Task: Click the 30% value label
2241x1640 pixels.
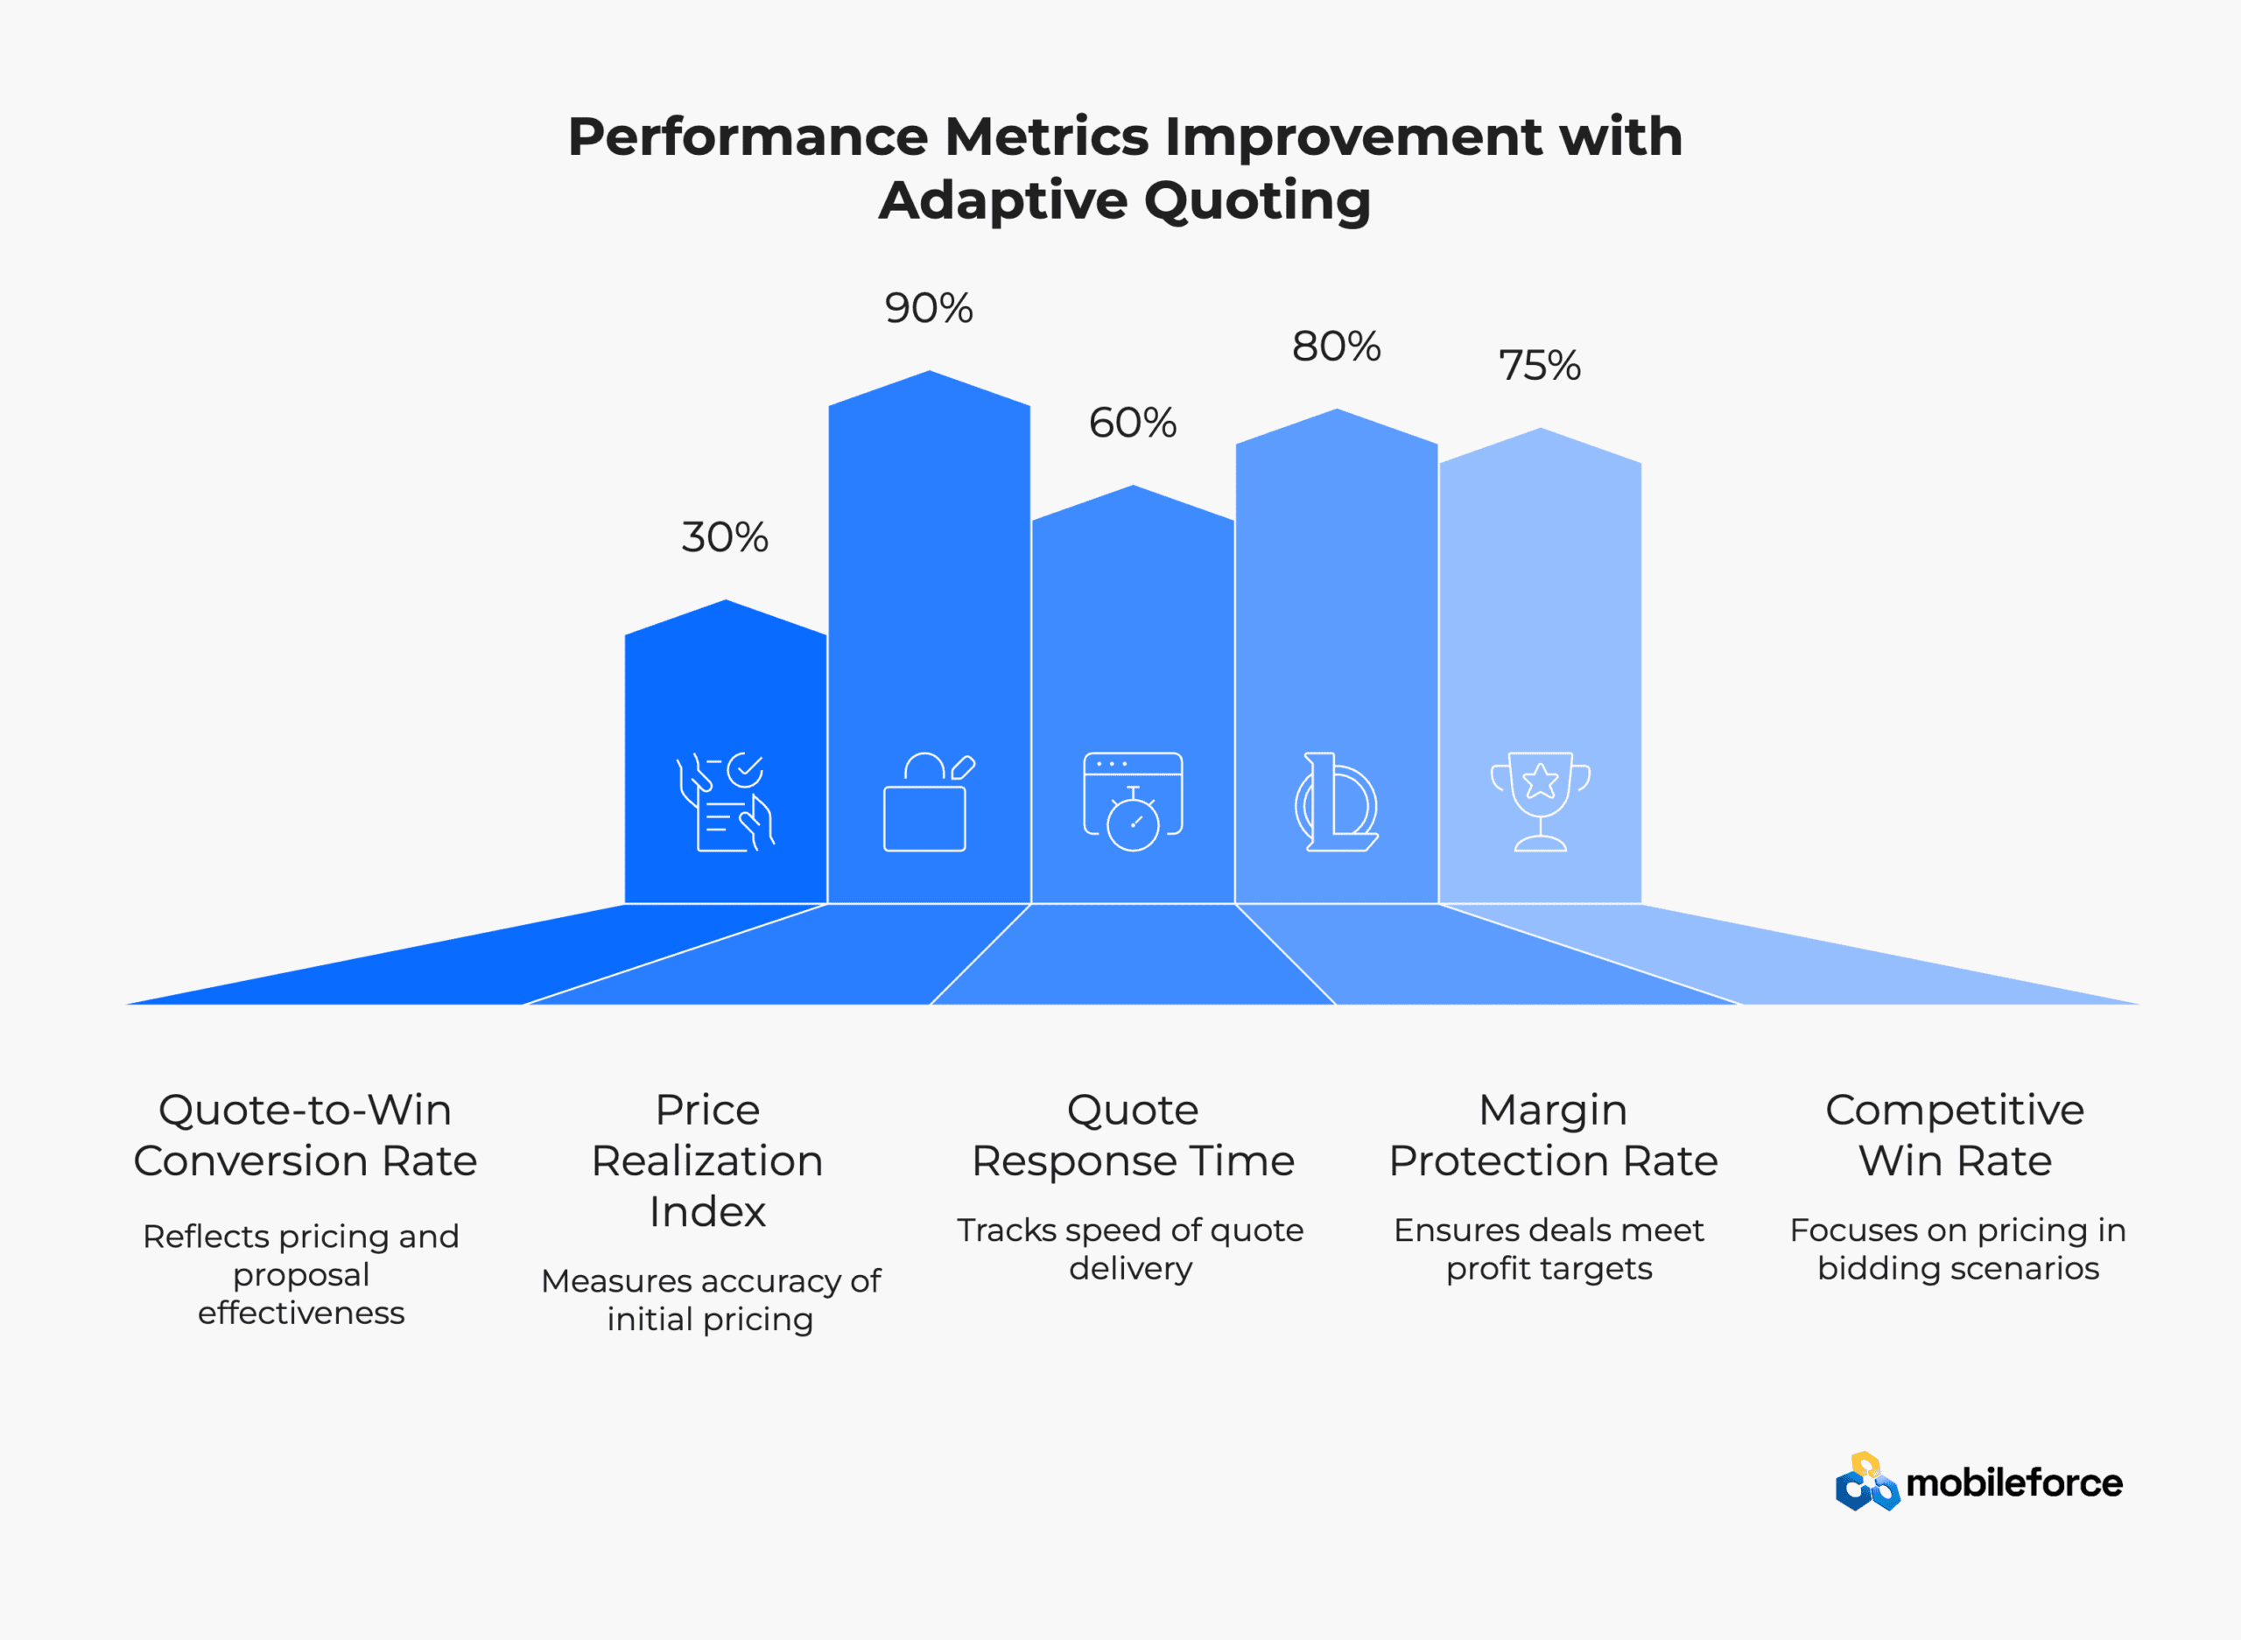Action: click(x=725, y=537)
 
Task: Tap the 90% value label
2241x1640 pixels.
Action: click(x=929, y=308)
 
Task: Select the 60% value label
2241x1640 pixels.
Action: click(x=1133, y=423)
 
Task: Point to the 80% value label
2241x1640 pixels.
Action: click(x=1337, y=347)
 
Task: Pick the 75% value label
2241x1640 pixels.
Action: click(x=1540, y=365)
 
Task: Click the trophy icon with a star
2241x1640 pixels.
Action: click(x=1540, y=801)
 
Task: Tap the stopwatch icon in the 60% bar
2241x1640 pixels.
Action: click(x=1133, y=801)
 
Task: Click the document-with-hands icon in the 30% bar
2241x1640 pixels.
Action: click(x=725, y=801)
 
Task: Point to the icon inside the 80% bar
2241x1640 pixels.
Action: click(x=1337, y=801)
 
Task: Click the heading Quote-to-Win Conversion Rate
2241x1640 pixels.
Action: click(x=305, y=1135)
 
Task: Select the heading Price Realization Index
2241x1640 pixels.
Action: click(x=708, y=1160)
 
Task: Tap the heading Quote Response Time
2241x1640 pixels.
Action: click(x=1133, y=1135)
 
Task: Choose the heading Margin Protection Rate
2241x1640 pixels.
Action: click(x=1553, y=1135)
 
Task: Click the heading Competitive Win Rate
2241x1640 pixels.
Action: click(x=1955, y=1135)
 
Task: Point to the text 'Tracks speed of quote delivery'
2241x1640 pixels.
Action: click(x=1131, y=1249)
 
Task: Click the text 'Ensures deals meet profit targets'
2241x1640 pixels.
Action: click(x=1549, y=1249)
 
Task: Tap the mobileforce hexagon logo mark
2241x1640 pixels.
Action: click(x=1866, y=1482)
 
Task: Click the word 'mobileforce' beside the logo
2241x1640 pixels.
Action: click(x=2014, y=1483)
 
